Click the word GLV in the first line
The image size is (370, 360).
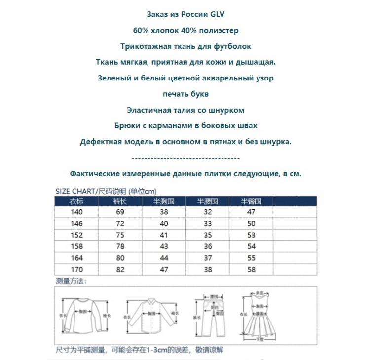(218, 15)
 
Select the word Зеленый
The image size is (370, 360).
(113, 78)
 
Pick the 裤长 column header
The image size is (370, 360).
(120, 201)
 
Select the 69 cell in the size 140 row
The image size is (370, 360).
(120, 212)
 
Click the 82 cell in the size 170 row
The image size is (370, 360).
(120, 270)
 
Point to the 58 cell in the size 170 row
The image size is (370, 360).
(252, 270)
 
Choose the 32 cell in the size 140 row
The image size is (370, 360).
(208, 212)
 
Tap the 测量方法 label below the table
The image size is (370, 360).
(71, 281)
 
